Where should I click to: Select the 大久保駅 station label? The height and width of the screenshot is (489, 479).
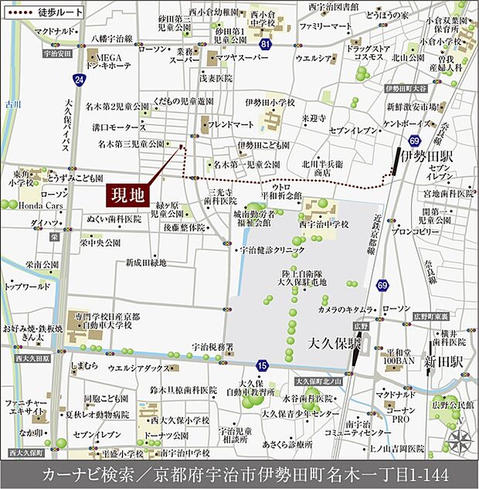click(335, 341)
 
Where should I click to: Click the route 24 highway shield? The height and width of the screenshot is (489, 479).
click(78, 78)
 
